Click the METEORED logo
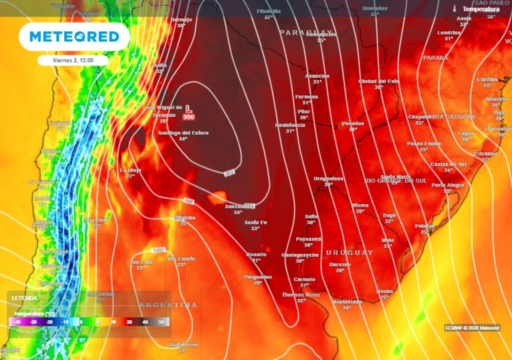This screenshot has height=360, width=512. (x=74, y=36)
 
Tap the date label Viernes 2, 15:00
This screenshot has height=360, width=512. (x=73, y=60)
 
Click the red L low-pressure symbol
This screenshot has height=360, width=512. (x=188, y=108)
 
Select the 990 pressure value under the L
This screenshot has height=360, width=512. (x=188, y=116)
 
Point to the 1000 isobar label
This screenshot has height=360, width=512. (x=158, y=250)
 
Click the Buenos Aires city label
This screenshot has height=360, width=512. (x=300, y=294)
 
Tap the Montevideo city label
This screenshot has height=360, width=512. (x=346, y=301)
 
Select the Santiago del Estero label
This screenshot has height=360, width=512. (x=183, y=133)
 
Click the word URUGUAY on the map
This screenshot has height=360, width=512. (x=349, y=252)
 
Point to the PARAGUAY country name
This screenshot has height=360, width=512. (x=306, y=32)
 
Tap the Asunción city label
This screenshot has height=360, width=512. (x=317, y=76)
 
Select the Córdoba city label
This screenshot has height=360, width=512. (x=184, y=218)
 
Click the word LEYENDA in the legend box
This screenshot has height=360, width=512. (x=24, y=297)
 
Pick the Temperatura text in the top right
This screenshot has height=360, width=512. (x=480, y=9)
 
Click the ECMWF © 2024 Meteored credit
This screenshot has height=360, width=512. (x=472, y=328)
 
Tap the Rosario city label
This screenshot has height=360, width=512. (x=256, y=254)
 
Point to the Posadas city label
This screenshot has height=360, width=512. (x=353, y=123)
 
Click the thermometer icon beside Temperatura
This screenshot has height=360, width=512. (x=454, y=9)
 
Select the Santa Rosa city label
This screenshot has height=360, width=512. (x=182, y=344)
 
